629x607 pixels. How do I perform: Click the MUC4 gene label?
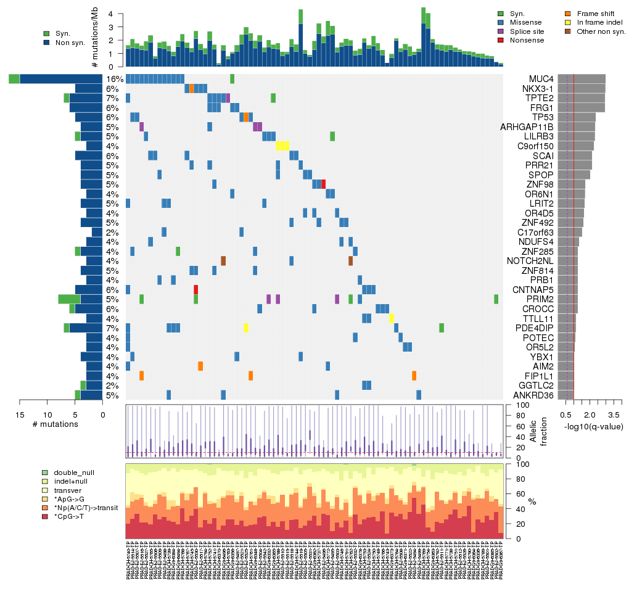[541, 79]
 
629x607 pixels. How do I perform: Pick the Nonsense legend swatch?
[501, 40]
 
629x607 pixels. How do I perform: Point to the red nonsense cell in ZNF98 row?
[323, 184]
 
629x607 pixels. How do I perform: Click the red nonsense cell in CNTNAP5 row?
[195, 289]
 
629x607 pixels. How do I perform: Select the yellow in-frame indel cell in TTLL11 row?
[392, 318]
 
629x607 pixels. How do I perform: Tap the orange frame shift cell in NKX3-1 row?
[192, 88]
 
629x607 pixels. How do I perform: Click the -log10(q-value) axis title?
[594, 427]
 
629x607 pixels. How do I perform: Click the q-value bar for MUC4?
[582, 79]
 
